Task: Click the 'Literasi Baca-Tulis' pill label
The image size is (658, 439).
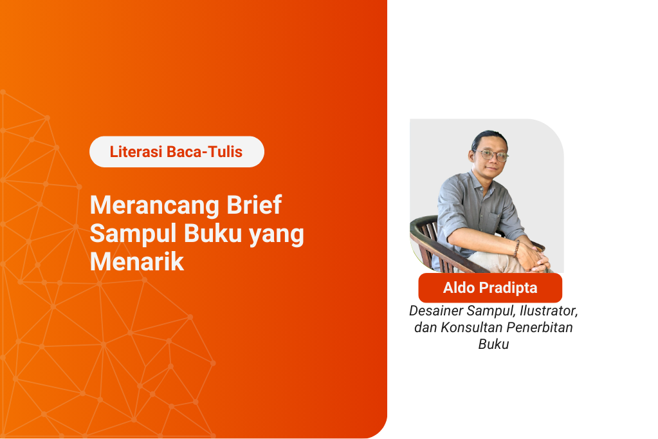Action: (x=176, y=152)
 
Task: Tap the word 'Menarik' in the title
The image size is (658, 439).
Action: (x=136, y=261)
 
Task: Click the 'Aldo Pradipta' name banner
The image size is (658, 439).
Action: (x=490, y=288)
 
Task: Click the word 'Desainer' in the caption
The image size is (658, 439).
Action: (x=435, y=311)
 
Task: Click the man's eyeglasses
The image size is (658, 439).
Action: (x=491, y=155)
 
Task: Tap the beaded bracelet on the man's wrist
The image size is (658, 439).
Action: (x=516, y=247)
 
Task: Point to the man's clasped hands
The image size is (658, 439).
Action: (x=535, y=257)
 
